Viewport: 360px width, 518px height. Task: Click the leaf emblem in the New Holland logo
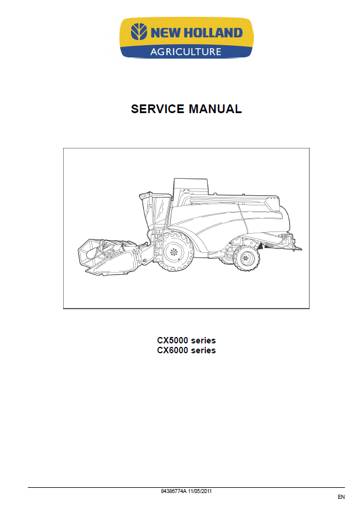tap(139, 32)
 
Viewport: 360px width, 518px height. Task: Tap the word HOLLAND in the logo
tap(213, 32)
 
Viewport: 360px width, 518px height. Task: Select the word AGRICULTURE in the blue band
tap(186, 52)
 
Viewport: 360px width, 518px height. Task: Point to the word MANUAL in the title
tap(215, 109)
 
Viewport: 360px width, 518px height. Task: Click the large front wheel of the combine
tap(174, 251)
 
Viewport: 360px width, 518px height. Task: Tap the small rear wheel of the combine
tap(246, 259)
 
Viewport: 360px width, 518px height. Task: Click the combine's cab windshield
tap(160, 212)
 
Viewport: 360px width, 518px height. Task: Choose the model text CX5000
tap(172, 340)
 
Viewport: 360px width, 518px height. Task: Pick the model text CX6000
tap(172, 350)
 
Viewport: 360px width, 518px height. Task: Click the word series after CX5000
tap(203, 340)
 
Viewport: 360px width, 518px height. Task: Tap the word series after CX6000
tap(203, 350)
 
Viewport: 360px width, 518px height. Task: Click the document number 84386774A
tap(174, 491)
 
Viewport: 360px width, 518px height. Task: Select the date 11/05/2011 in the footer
tap(200, 491)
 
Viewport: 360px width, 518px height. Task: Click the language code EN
tap(341, 497)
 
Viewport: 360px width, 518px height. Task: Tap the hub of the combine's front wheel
tap(174, 252)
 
